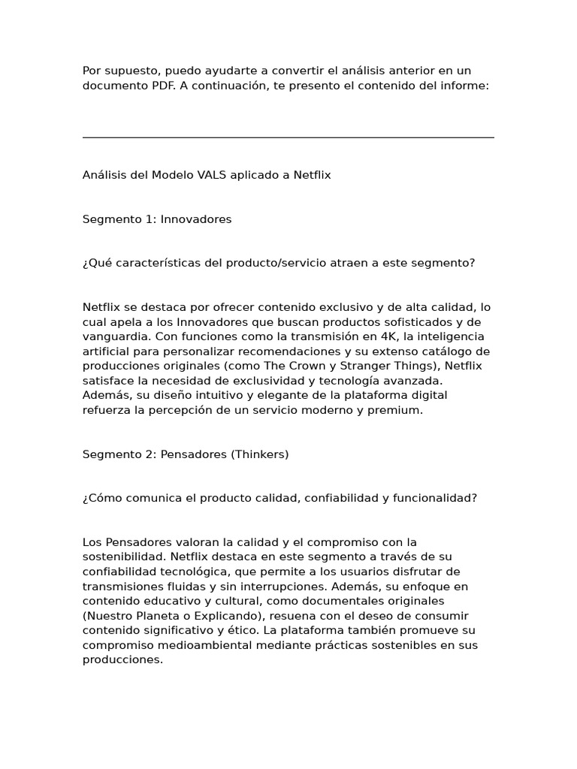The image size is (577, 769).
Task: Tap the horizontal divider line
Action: pos(288,137)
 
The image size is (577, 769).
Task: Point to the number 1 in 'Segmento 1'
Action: pos(150,219)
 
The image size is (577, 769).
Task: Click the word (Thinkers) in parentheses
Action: pos(260,454)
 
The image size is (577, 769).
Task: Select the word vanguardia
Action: pos(112,336)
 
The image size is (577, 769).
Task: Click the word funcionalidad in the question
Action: pos(434,498)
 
